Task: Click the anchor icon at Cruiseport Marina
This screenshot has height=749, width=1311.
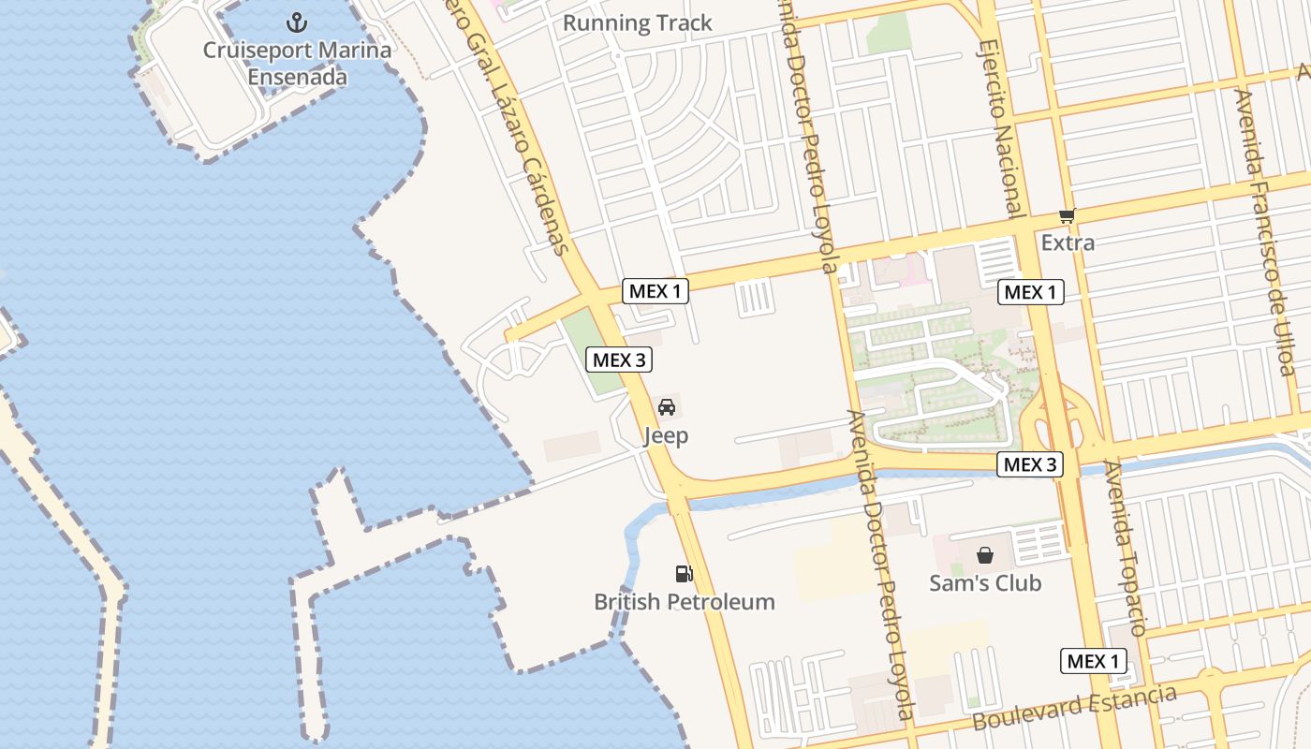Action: (x=297, y=22)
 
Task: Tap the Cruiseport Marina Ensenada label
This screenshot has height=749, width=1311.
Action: (x=297, y=63)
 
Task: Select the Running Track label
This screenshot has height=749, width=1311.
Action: (x=637, y=23)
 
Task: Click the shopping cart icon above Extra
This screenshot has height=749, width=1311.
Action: (x=1067, y=215)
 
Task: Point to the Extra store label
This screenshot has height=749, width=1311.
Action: (x=1068, y=242)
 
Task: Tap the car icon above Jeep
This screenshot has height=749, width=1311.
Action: (x=666, y=407)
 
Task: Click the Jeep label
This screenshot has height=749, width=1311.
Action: (x=666, y=435)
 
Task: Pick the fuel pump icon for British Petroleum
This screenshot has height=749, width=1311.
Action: (x=685, y=574)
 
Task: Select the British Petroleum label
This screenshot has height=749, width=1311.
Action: (x=685, y=602)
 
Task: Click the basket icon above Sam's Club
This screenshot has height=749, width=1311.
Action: (x=984, y=555)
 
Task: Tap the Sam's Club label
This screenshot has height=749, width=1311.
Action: (x=984, y=583)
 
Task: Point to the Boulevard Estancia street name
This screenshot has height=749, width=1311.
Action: (x=1074, y=709)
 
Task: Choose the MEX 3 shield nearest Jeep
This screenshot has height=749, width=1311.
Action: (x=618, y=360)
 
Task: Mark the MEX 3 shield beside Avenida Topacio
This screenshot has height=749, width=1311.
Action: (x=1029, y=464)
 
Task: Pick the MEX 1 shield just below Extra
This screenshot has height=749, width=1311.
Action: (x=1029, y=292)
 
